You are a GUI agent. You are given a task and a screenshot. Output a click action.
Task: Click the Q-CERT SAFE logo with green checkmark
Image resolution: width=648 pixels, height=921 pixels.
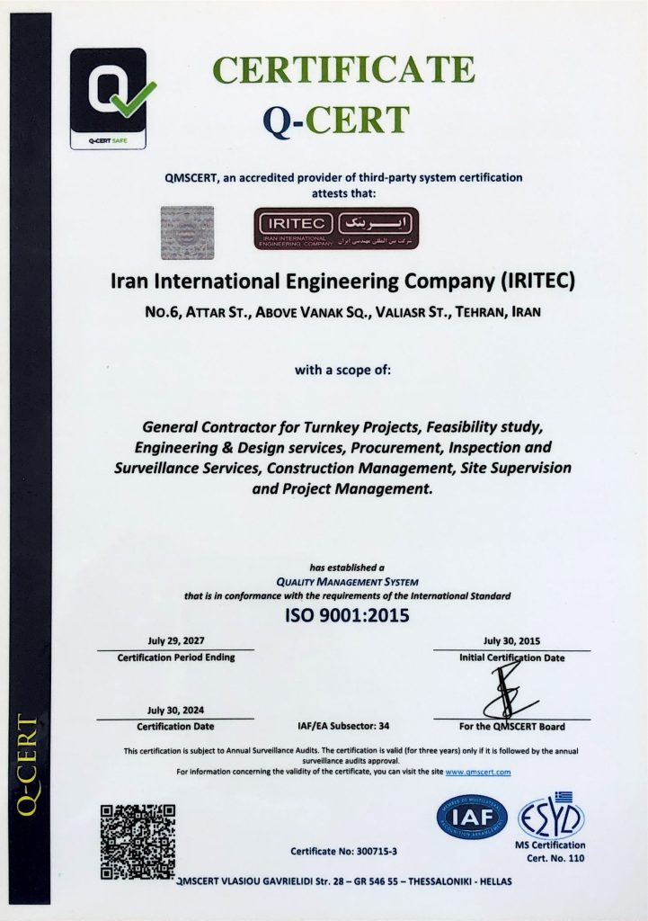pyautogui.click(x=108, y=97)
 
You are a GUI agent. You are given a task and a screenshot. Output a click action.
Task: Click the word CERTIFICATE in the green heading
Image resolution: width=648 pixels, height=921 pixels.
pyautogui.click(x=343, y=70)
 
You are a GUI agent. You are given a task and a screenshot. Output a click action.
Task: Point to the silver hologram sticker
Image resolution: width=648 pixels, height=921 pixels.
pyautogui.click(x=187, y=232)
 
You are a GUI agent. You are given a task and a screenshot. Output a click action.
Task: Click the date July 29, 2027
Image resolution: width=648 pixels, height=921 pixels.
pyautogui.click(x=175, y=640)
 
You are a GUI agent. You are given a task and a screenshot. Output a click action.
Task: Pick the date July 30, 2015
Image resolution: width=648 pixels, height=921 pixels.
pyautogui.click(x=511, y=640)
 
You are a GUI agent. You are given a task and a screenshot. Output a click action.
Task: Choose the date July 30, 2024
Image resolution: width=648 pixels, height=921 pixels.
pyautogui.click(x=175, y=710)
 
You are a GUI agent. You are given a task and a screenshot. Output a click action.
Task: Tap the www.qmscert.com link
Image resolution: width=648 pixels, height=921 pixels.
pyautogui.click(x=478, y=772)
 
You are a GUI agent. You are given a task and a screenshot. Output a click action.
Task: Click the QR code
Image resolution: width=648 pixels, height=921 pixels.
pyautogui.click(x=138, y=842)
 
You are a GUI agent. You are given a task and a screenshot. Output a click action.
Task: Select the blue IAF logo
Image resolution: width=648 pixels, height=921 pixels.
pyautogui.click(x=472, y=817)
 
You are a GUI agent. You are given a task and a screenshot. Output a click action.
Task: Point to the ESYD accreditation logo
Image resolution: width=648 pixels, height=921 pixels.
pyautogui.click(x=551, y=817)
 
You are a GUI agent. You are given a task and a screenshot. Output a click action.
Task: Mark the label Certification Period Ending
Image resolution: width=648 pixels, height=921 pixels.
pyautogui.click(x=176, y=657)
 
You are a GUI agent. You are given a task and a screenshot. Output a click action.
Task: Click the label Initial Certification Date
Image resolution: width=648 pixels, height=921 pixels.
pyautogui.click(x=511, y=657)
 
